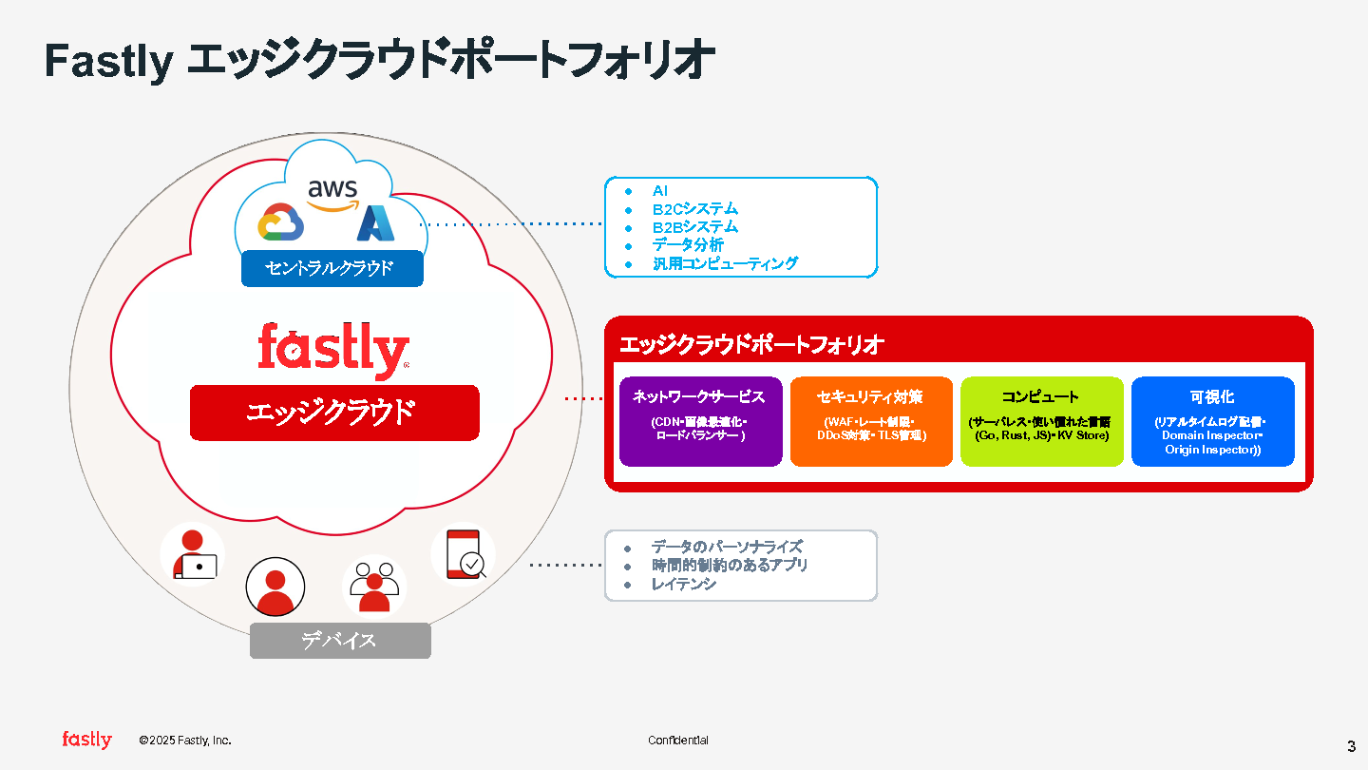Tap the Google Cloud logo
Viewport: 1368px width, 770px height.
tap(279, 223)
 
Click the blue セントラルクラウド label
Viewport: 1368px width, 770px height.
tap(332, 268)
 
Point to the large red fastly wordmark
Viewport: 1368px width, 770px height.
tap(333, 350)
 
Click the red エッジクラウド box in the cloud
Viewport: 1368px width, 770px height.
tap(334, 413)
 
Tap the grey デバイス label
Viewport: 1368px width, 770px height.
tap(340, 641)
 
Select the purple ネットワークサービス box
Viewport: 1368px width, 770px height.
tap(700, 421)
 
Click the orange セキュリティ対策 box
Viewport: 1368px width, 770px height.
tap(871, 421)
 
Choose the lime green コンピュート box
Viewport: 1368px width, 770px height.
tap(1041, 421)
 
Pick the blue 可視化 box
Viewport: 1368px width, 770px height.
tap(1212, 421)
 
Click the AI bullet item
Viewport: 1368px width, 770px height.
tap(660, 191)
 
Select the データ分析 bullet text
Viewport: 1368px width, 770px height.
tap(688, 245)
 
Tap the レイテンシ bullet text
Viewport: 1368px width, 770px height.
tap(684, 584)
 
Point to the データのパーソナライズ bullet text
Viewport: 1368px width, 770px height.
tap(727, 548)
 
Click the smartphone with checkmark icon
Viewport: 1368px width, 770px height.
tap(463, 555)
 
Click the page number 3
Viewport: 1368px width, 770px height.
tap(1351, 745)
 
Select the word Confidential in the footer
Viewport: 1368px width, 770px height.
tap(678, 741)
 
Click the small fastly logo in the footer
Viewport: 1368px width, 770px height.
tap(86, 740)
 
